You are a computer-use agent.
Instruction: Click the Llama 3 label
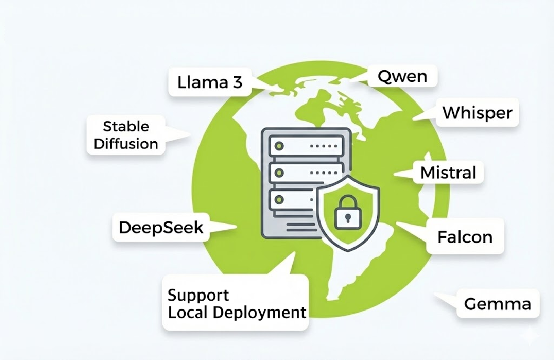click(x=210, y=82)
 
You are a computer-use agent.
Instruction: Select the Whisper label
click(x=477, y=113)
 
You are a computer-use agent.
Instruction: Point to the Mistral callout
click(x=448, y=172)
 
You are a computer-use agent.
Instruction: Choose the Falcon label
click(x=465, y=237)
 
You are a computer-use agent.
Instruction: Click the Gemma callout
click(x=497, y=303)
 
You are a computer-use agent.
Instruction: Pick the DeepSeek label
click(x=161, y=228)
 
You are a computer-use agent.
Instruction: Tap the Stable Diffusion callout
click(x=126, y=135)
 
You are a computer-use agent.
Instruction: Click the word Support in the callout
click(x=198, y=294)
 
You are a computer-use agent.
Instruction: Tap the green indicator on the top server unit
click(x=279, y=145)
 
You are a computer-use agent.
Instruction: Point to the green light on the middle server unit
click(x=279, y=172)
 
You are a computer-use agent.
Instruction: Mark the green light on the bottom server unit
click(x=279, y=199)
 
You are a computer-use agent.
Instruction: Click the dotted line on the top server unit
click(x=323, y=145)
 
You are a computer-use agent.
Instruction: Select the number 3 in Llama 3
click(x=237, y=82)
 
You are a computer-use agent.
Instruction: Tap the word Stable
click(x=126, y=126)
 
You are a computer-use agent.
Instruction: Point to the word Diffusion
click(x=126, y=144)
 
